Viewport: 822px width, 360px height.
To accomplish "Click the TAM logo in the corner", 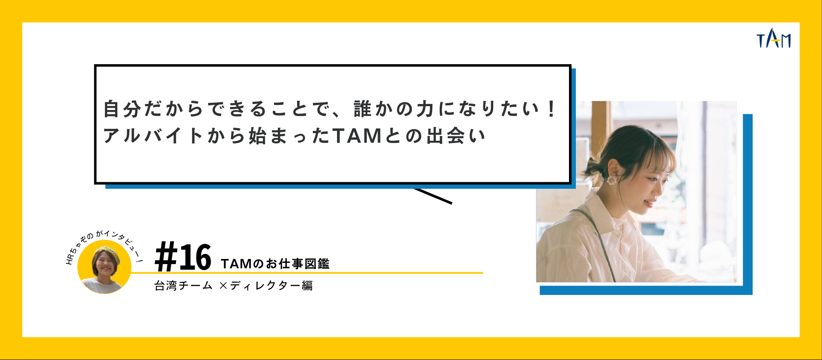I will coord(773,39).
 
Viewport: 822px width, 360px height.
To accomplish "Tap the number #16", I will coord(183,257).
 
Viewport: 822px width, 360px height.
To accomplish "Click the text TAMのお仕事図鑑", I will coord(275,264).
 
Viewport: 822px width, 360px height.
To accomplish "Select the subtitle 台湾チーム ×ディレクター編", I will coord(233,286).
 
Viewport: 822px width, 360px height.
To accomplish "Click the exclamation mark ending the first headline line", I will coord(551,109).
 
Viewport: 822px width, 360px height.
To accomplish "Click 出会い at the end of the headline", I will coord(456,136).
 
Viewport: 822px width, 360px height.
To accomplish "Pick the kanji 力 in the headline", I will coord(425,109).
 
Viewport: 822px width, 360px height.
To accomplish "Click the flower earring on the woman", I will coord(611,179).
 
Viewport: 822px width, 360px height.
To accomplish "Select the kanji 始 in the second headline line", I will coord(257,136).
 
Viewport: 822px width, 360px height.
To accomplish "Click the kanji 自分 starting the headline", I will coord(122,109).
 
